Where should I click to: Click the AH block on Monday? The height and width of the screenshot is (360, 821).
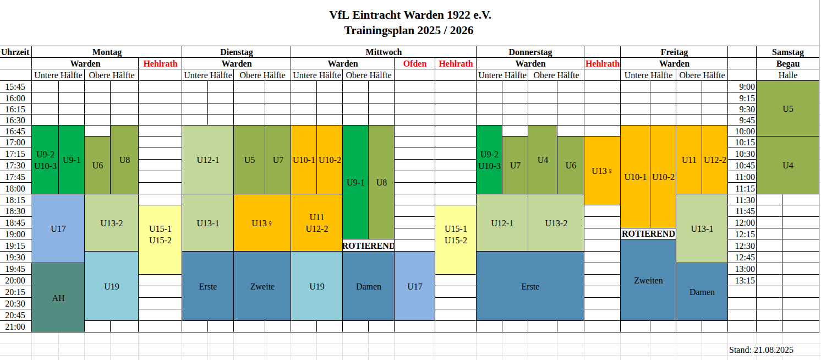(58, 298)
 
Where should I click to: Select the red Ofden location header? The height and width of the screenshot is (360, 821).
(414, 63)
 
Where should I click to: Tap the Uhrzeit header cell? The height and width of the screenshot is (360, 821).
(15, 52)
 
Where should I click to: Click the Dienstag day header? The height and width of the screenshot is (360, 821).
(236, 52)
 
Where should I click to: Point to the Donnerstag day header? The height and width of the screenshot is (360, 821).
(530, 52)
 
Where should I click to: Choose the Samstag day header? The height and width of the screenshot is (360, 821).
(787, 52)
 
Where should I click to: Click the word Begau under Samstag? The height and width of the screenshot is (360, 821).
(787, 63)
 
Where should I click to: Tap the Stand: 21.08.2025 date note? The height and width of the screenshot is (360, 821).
(761, 350)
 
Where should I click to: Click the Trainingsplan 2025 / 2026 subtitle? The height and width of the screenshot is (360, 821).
(409, 30)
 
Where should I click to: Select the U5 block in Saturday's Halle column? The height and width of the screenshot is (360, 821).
(787, 108)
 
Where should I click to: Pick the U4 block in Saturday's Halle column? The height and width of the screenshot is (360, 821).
(787, 165)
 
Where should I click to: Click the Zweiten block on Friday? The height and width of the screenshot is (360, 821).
(648, 280)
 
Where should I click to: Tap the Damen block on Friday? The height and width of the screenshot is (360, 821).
(702, 292)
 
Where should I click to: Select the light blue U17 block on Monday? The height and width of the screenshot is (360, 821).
(58, 228)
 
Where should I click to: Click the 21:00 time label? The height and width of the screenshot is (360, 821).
(15, 326)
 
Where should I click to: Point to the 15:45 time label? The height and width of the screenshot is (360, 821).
(15, 86)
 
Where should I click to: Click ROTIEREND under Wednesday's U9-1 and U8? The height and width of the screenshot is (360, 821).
(368, 246)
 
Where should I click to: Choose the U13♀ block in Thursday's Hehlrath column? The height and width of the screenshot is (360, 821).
(602, 171)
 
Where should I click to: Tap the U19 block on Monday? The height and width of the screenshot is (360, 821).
(111, 286)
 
